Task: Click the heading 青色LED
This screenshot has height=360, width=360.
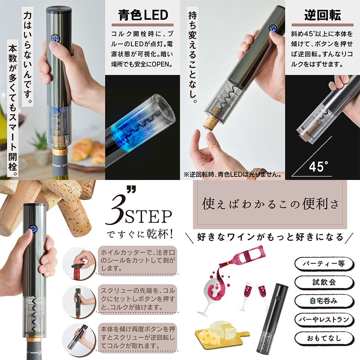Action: click(x=143, y=15)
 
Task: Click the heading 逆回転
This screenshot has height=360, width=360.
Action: click(x=323, y=15)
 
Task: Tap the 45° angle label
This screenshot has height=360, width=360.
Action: click(x=319, y=166)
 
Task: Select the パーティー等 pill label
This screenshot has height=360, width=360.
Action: click(x=324, y=263)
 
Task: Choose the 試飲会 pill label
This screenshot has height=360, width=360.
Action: click(x=324, y=282)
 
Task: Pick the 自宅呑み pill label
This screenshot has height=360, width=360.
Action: click(x=324, y=301)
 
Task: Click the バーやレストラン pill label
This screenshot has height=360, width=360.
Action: click(x=324, y=319)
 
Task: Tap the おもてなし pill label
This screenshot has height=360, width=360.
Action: click(x=324, y=338)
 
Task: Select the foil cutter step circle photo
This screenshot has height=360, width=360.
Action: click(x=79, y=263)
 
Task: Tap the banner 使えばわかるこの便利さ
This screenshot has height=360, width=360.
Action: click(x=270, y=204)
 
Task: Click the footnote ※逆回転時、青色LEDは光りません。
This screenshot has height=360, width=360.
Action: click(x=233, y=174)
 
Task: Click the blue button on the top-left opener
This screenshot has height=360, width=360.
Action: click(x=55, y=38)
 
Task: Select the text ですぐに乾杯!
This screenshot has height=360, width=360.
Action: click(x=139, y=234)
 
